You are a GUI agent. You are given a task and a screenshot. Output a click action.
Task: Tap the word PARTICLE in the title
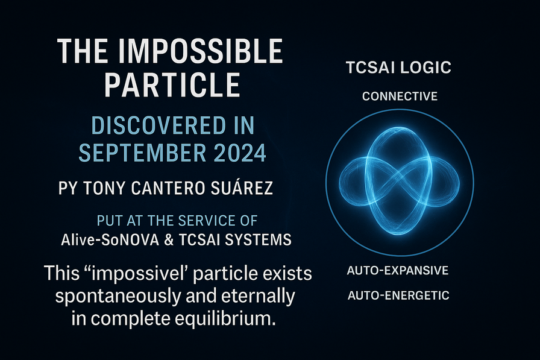tap(172, 85)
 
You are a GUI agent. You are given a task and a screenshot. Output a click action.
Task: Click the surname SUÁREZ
tap(242, 188)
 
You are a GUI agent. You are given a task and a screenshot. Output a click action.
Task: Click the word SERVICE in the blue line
tap(206, 221)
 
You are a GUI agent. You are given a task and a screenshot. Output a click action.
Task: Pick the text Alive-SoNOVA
tap(110, 240)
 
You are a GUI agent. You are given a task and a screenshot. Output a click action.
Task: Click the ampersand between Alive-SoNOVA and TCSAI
tap(169, 240)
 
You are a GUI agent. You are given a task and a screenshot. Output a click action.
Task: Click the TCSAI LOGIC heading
tap(398, 68)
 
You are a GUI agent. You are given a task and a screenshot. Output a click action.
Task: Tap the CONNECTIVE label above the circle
tap(400, 96)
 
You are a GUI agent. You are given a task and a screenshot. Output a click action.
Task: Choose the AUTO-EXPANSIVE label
tap(398, 270)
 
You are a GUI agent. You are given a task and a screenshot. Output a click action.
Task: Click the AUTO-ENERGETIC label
tap(398, 295)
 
